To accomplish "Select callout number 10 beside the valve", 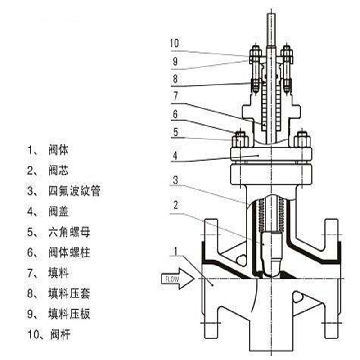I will click(175, 44).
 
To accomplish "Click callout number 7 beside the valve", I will click(175, 96).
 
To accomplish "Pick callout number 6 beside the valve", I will click(175, 114).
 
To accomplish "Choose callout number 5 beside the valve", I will click(175, 132).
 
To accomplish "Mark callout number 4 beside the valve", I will click(175, 156).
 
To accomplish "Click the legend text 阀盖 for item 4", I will click(58, 211).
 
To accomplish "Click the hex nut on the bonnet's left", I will click(239, 140).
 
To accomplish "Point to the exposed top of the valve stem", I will click(271, 27).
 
